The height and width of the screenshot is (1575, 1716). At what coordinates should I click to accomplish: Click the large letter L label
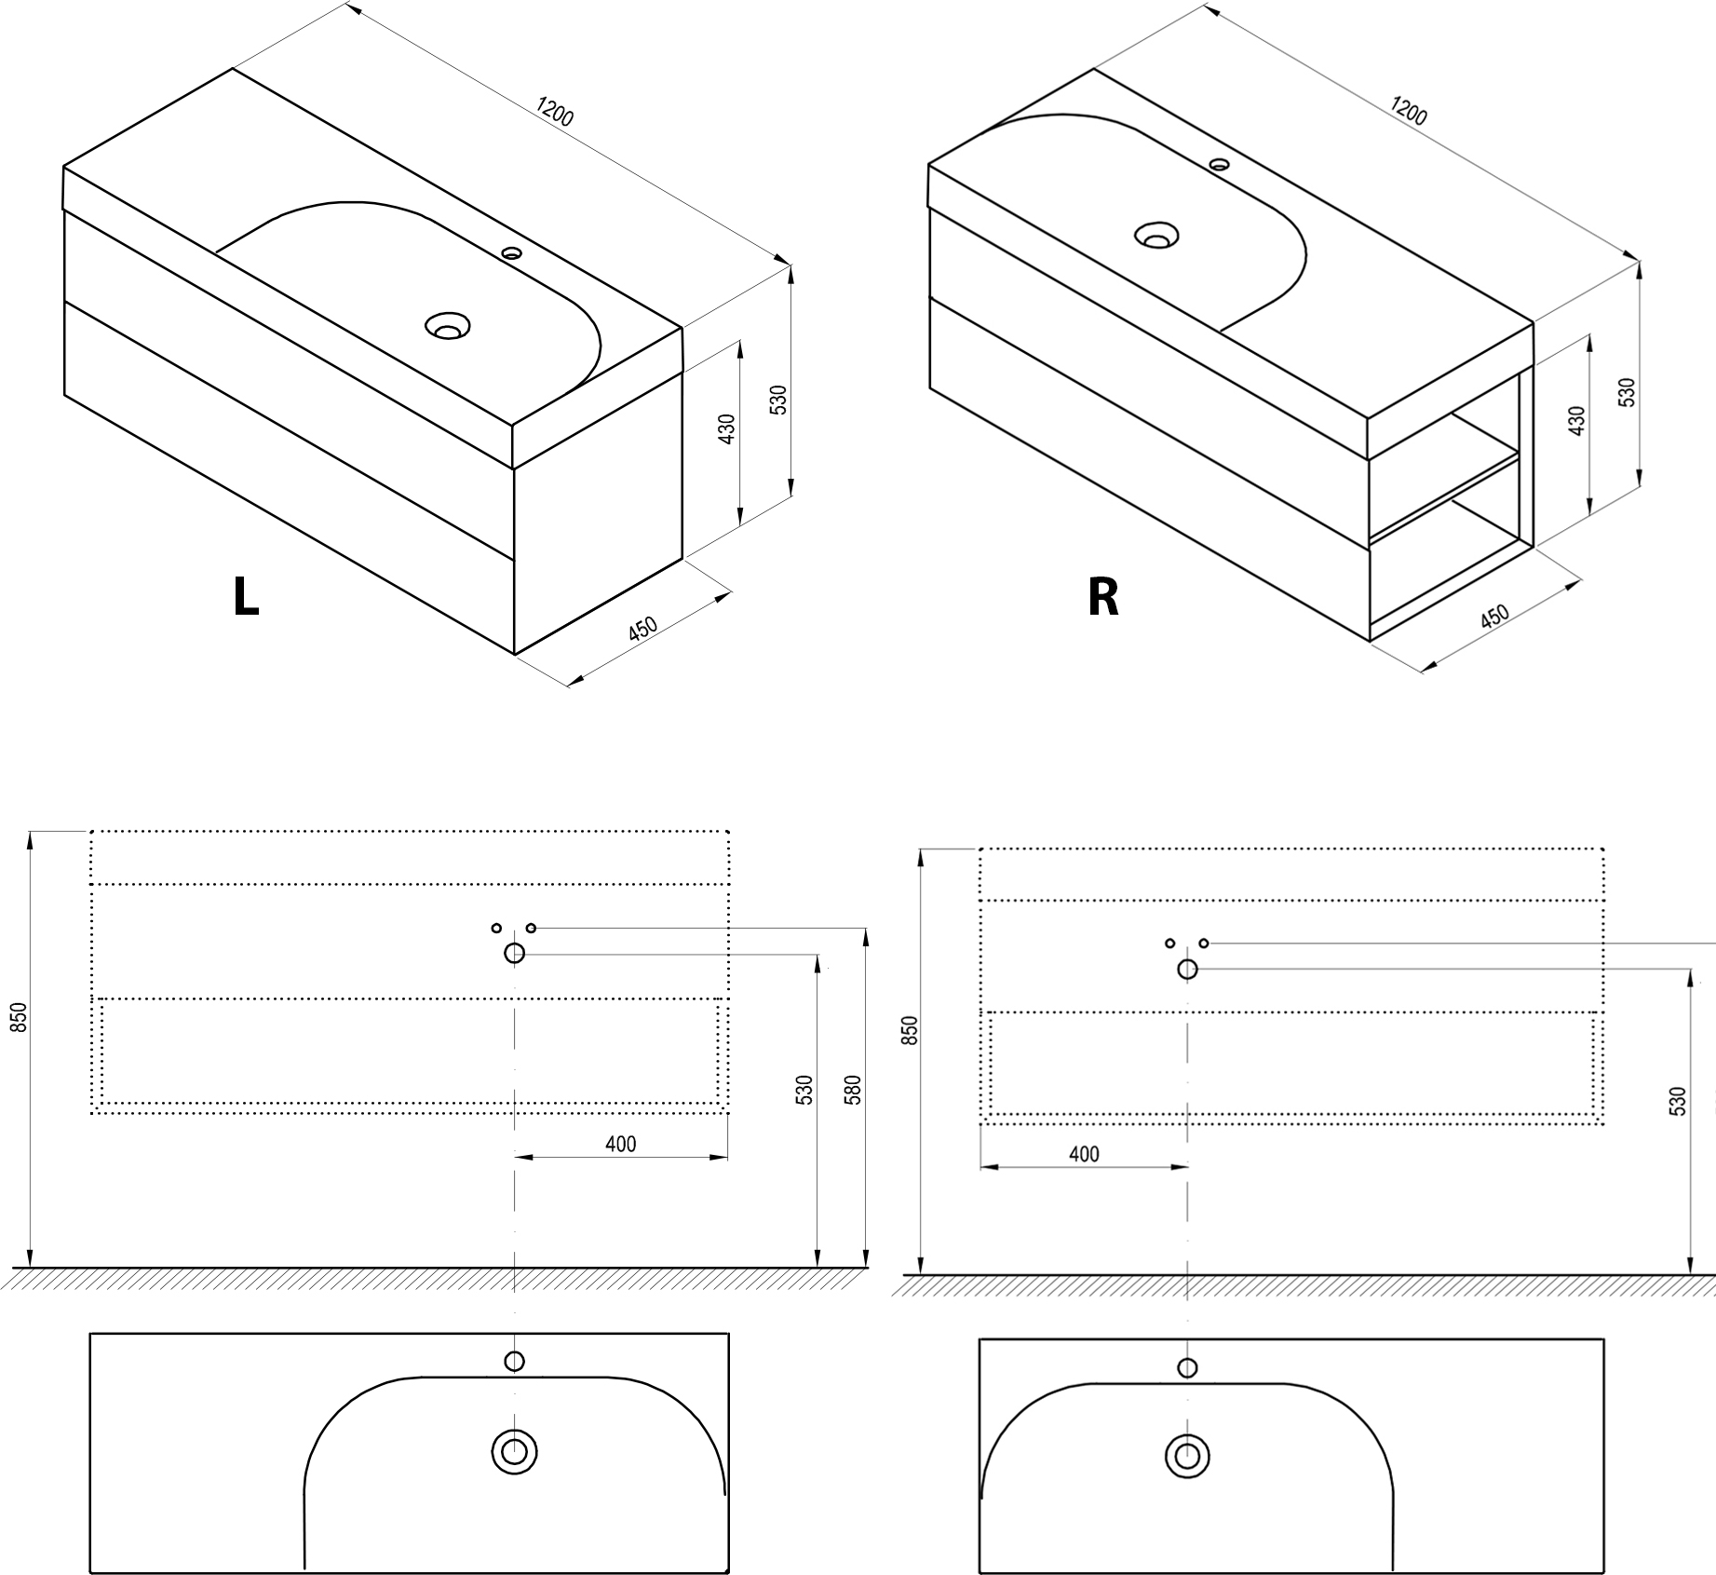coord(246,597)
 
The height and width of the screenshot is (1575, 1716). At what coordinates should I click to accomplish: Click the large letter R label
coord(1103,597)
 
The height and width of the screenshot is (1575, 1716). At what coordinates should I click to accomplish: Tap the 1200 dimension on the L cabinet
coord(555,113)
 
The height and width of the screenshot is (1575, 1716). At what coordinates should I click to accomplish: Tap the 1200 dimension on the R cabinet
coord(1409,111)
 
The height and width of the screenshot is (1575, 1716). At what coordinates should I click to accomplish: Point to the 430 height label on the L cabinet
coord(727,428)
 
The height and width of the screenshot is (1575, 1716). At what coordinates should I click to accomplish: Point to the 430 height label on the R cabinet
coord(1576,421)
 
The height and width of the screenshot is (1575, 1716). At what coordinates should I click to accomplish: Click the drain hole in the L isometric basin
coord(447,327)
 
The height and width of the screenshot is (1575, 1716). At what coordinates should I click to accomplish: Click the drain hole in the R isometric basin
coord(1156,236)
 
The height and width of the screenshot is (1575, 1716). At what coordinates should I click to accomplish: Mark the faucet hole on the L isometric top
coord(510,251)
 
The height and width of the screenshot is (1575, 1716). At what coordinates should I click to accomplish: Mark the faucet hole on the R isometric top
coord(1219,165)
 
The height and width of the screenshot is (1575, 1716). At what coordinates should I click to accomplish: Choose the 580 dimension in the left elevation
coord(853,1091)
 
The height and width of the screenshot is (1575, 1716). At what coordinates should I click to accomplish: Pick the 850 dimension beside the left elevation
coord(20,1017)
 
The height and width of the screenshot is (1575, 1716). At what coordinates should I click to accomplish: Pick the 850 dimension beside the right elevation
coord(911,1029)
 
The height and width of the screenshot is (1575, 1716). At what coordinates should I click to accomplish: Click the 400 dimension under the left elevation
coord(620,1145)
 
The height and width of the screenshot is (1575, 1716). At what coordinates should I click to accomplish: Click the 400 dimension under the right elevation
coord(1084,1155)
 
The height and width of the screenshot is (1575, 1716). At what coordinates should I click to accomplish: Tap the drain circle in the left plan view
coord(514,1451)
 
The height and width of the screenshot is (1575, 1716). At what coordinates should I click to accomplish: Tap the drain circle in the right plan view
coord(1187,1455)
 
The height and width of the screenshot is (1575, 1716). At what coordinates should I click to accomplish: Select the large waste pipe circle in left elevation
coord(514,953)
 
